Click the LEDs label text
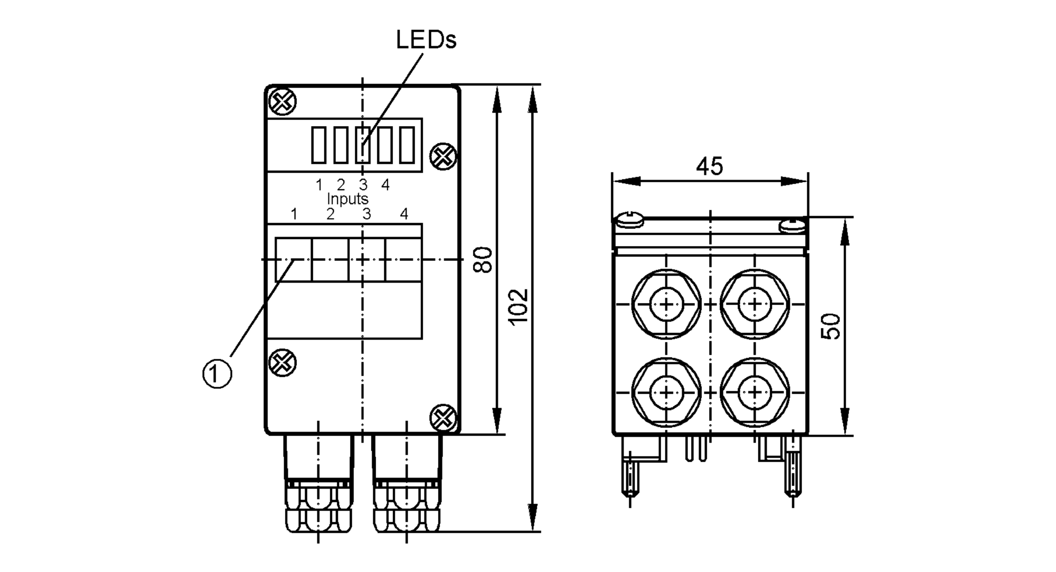[x=426, y=40]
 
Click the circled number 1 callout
[x=217, y=374]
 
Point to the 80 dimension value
[x=483, y=259]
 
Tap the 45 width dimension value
[x=709, y=167]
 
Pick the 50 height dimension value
[x=831, y=326]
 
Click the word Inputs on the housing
[x=347, y=199]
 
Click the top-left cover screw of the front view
[x=282, y=101]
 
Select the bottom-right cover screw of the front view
[x=444, y=418]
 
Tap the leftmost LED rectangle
[x=318, y=145]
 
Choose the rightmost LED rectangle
[x=407, y=145]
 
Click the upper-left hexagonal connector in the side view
[x=666, y=304]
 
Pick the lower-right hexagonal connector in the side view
[x=755, y=392]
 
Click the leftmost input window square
[x=294, y=259]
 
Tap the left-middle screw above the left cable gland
[x=282, y=363]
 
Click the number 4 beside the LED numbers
[x=385, y=185]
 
